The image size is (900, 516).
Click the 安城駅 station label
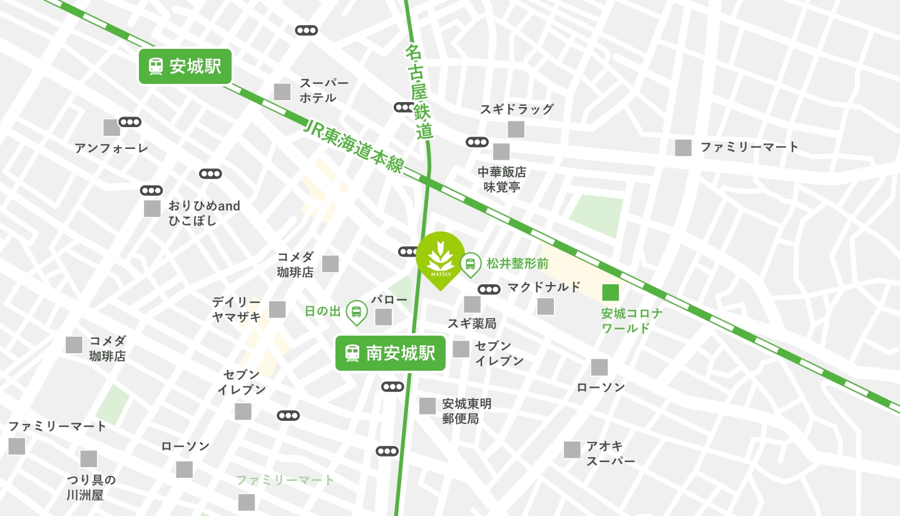[x=185, y=66]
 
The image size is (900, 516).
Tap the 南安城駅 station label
[x=390, y=353]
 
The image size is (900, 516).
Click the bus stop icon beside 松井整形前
[x=470, y=264]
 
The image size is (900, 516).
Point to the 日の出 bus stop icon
[x=356, y=311]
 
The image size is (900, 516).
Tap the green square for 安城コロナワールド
[x=610, y=292]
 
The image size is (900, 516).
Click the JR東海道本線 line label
[x=354, y=146]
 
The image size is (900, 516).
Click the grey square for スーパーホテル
[x=282, y=91]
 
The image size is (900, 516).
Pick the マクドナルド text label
[x=544, y=287]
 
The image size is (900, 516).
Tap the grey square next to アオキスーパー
[x=572, y=450]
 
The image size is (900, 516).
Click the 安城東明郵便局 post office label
[x=467, y=411]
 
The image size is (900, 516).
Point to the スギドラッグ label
[x=517, y=109]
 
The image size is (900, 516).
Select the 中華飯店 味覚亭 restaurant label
[x=502, y=179]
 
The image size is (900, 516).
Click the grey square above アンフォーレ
[x=111, y=128]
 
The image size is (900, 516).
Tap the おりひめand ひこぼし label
[x=204, y=213]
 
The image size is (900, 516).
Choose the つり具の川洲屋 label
[x=91, y=488]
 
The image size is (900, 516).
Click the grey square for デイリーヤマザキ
[x=277, y=309]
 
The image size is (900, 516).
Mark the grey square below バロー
[x=384, y=317]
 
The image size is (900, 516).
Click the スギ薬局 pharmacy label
[x=471, y=324]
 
